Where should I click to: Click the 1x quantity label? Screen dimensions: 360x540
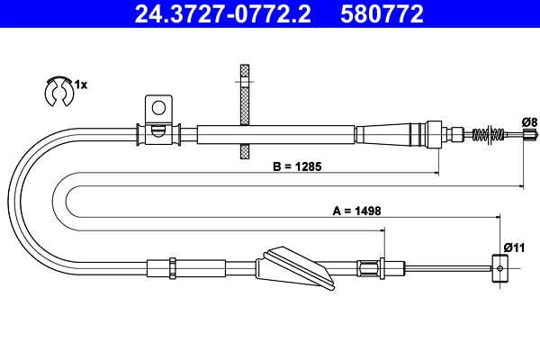80,84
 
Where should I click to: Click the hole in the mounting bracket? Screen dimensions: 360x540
158,108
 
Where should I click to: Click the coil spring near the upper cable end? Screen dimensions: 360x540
487,135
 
